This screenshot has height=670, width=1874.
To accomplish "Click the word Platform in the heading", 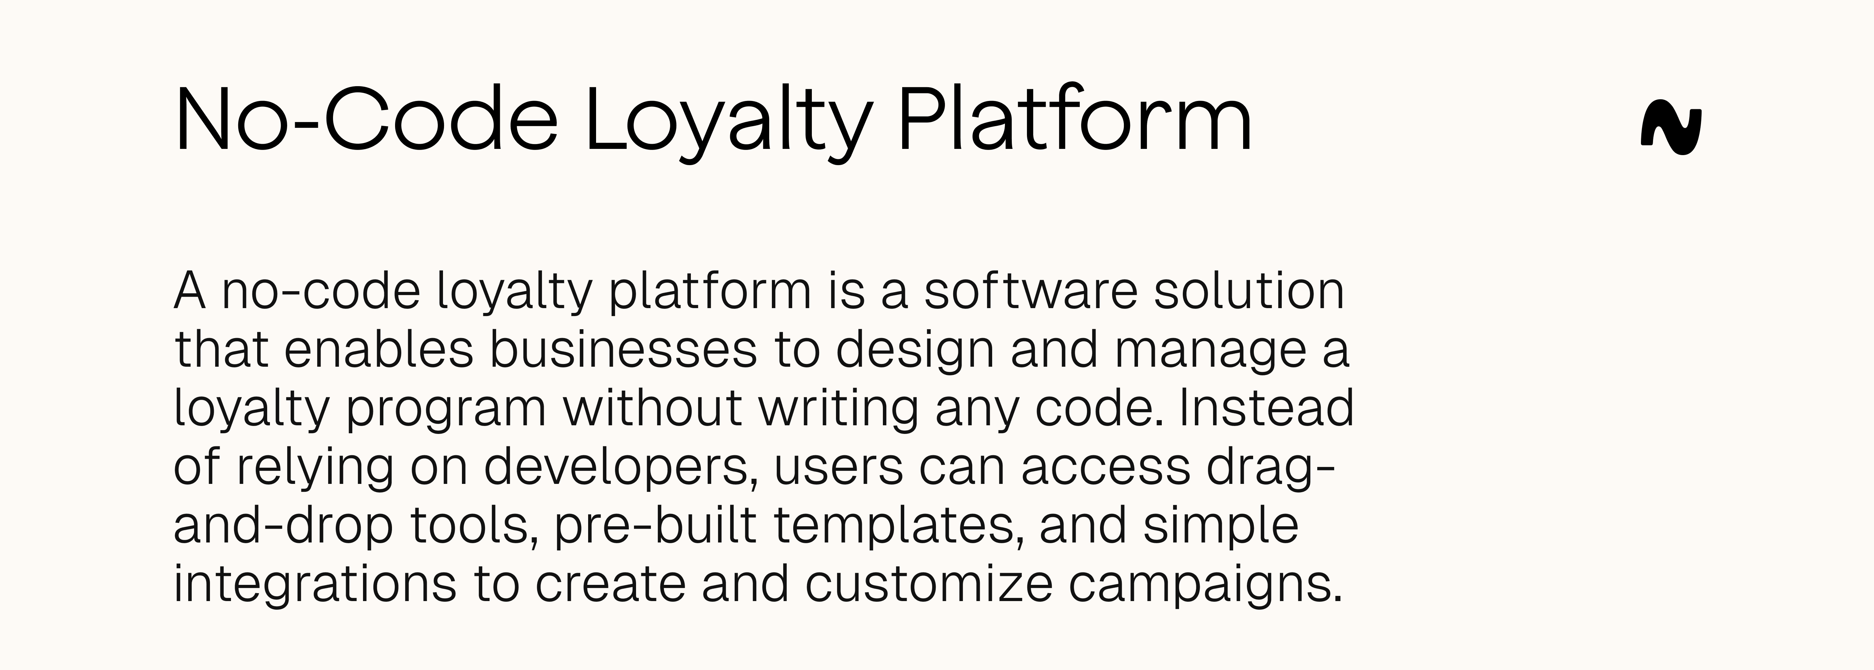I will point(1075,120).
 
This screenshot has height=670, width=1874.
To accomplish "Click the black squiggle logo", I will point(1671,131).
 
